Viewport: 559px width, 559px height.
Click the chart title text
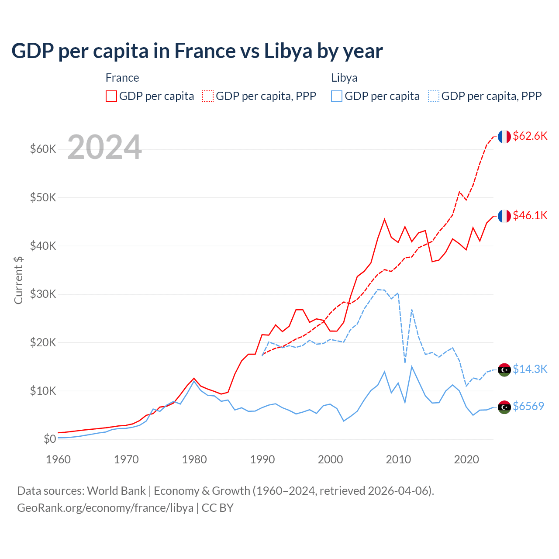coord(197,51)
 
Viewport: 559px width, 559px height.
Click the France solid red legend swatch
coord(111,96)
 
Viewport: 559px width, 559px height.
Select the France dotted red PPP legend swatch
coord(208,96)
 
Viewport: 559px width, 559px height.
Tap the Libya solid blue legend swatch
coord(337,96)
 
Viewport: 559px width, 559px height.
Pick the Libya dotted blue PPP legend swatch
coord(434,96)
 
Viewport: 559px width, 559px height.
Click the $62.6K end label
coord(530,136)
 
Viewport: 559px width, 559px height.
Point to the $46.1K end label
coord(530,215)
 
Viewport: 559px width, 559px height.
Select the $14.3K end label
coord(530,369)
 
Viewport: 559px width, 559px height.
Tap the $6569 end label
coord(528,406)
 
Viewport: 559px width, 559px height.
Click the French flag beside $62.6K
coord(504,137)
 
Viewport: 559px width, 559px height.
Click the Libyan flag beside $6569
coord(504,407)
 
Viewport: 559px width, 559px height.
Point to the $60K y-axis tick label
coord(43,149)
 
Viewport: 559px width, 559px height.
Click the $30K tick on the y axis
coord(43,294)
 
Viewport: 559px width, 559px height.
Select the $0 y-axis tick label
coord(50,439)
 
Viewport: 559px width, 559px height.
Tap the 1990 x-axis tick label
coord(262,459)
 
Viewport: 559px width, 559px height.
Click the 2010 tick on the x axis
coord(398,459)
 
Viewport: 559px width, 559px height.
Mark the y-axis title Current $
coord(18,280)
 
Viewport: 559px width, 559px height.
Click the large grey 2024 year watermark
coord(104,147)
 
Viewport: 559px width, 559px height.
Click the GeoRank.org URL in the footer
coord(105,508)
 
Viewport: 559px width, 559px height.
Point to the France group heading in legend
coord(122,78)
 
